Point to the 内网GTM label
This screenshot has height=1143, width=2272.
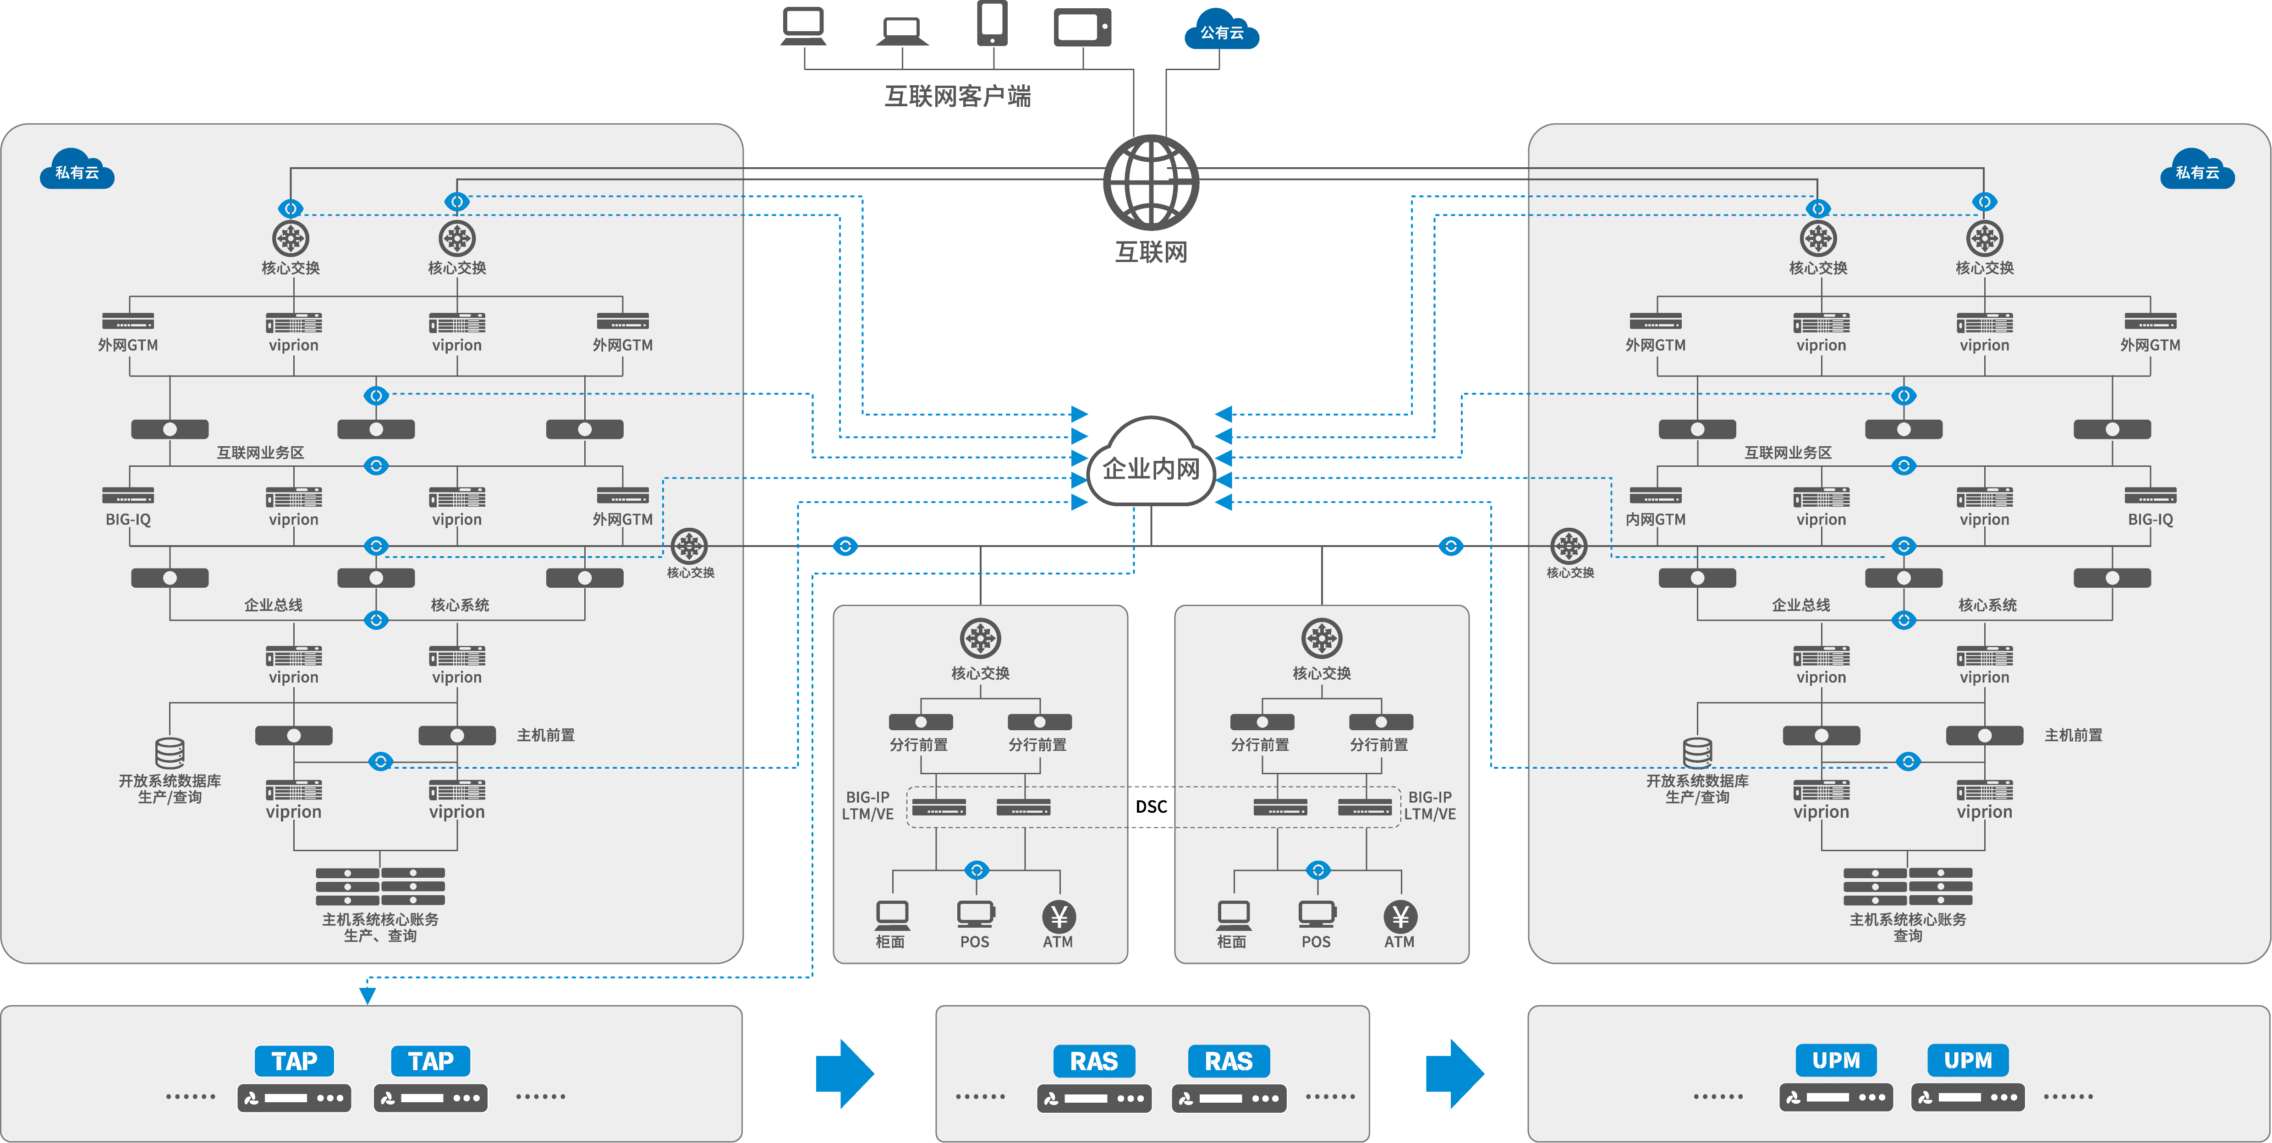(1656, 520)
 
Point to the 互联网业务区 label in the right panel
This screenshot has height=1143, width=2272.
(1788, 453)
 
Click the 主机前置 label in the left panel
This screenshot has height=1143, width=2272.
(545, 735)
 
